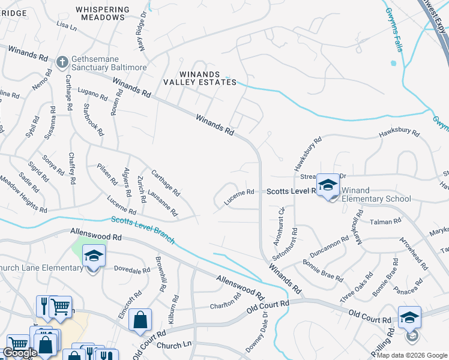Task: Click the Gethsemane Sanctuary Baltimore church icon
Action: point(62,62)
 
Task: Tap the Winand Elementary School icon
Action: point(328,185)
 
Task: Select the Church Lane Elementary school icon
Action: point(94,257)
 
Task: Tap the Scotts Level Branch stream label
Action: point(142,230)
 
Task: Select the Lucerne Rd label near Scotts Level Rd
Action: point(240,197)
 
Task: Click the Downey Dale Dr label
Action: point(264,338)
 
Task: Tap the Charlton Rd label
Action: point(225,306)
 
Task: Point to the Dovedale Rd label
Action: point(131,270)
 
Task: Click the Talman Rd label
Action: point(385,221)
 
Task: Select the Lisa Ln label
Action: point(67,26)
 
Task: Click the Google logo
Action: point(20,353)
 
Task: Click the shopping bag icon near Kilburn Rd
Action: point(140,320)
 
